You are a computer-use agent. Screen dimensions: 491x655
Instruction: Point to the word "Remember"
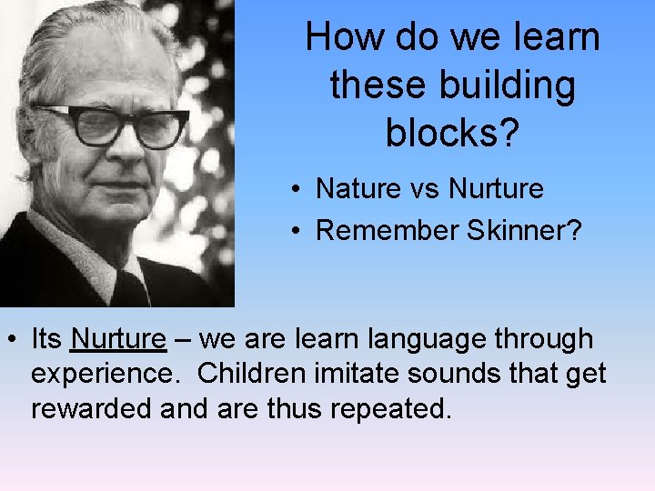point(387,231)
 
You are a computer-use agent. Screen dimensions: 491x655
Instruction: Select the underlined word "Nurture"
point(118,339)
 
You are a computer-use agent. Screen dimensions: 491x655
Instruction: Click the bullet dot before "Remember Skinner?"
point(297,232)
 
